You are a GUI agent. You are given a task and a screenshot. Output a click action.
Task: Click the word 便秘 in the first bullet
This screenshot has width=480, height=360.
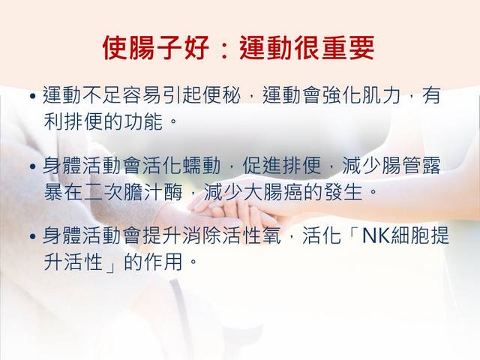coord(221,95)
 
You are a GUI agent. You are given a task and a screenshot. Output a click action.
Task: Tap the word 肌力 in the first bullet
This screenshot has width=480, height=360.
coord(381,95)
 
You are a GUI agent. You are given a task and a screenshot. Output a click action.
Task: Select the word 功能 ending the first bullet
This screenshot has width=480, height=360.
coord(142,121)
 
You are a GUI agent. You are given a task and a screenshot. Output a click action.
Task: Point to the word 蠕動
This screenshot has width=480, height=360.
coord(202,166)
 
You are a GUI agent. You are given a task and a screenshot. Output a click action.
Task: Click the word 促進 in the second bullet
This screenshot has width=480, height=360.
coord(262,166)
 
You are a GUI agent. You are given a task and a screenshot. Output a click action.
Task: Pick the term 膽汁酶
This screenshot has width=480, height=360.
coord(152,193)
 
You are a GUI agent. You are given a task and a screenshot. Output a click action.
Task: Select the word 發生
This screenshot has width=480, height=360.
coord(343,193)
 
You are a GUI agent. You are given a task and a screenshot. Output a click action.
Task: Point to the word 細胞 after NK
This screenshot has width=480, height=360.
coord(410,235)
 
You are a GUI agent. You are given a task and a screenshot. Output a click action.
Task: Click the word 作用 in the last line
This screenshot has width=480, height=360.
coord(162,262)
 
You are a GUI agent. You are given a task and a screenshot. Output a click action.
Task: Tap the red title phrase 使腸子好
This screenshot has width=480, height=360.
coord(156,48)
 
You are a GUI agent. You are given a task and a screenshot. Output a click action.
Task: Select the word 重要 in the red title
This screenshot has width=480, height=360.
coord(348,48)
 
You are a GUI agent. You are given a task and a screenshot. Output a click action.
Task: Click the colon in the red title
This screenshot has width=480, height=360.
coord(225,49)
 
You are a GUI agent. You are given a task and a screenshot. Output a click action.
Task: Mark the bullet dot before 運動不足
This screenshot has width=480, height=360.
coord(33,97)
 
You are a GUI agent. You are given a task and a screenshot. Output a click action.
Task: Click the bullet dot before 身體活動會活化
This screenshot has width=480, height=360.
coord(33,166)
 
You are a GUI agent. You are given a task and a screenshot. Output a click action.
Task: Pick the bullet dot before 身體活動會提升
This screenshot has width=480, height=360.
coord(33,237)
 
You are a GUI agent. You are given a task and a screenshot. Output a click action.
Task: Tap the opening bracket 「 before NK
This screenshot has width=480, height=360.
coord(354,232)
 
